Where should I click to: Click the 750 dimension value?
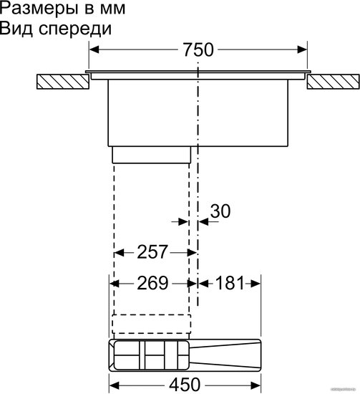(198, 49)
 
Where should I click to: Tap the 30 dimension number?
(220, 211)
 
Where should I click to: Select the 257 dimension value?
(152, 252)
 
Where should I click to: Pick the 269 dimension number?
(152, 283)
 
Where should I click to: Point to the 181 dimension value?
(230, 283)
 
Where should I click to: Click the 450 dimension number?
(185, 385)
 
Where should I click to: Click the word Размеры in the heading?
(39, 9)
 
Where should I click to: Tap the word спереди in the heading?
(75, 29)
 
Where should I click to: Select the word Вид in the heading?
(16, 29)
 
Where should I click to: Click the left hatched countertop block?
(63, 82)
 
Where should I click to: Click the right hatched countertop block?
(333, 82)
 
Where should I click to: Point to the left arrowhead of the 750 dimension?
(94, 49)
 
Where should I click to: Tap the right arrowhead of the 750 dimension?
(302, 49)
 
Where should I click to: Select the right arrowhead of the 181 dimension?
(256, 284)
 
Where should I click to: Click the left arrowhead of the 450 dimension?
(115, 385)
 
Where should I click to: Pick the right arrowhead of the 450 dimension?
(256, 385)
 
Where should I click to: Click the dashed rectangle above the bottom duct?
(152, 324)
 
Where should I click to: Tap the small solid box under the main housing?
(152, 155)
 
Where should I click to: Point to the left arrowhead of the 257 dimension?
(119, 253)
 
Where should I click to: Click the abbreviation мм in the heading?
(112, 9)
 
